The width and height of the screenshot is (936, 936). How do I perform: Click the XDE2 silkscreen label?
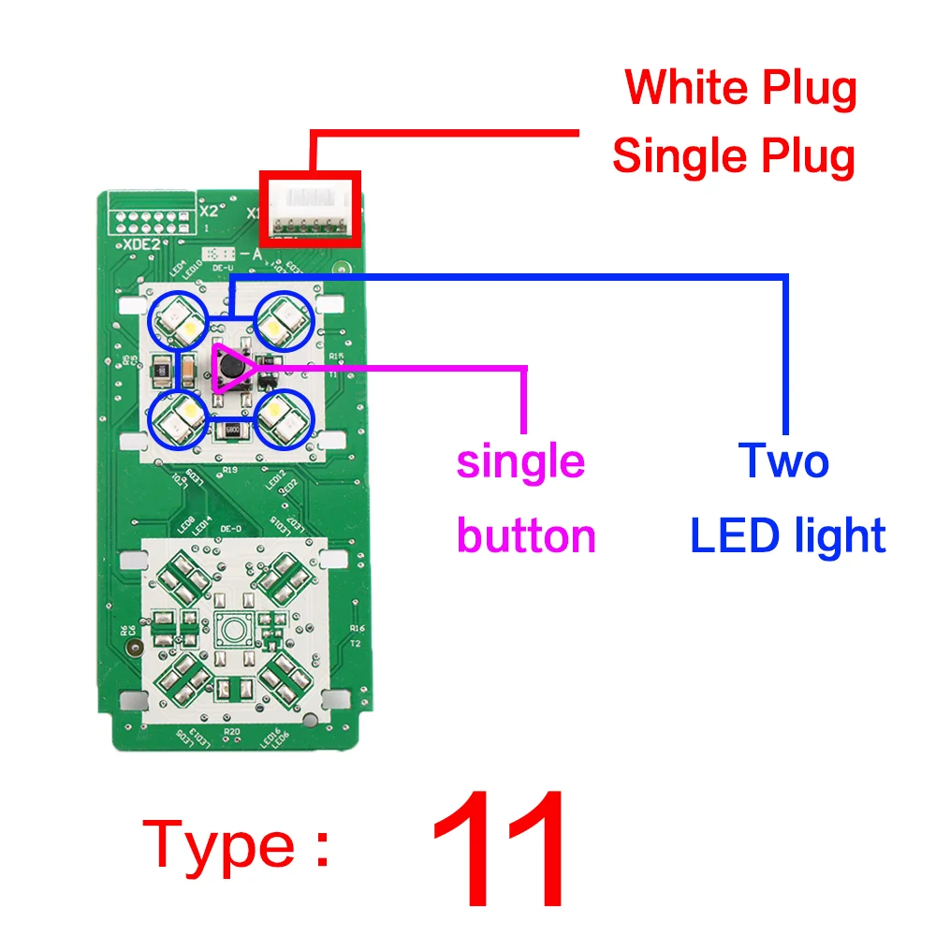point(141,243)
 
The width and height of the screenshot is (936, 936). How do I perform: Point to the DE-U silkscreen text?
point(222,268)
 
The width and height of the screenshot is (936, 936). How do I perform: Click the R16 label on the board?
point(356,629)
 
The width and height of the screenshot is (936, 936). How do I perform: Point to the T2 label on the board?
point(355,644)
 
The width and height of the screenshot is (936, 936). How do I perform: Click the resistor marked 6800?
point(230,431)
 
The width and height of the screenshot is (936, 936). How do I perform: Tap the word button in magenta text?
point(526,536)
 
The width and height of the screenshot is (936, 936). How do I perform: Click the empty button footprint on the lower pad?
point(230,629)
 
